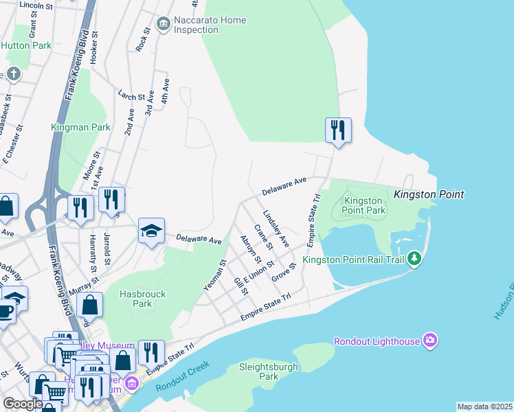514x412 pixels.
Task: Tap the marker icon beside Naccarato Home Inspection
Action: [x=164, y=25]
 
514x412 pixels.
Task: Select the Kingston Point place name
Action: [x=429, y=195]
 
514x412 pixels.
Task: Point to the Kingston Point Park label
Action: [x=364, y=205]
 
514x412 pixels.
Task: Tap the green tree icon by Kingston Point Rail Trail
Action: [x=414, y=259]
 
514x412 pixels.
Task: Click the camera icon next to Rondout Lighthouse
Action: [x=430, y=341]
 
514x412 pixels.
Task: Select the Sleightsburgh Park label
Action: [x=269, y=371]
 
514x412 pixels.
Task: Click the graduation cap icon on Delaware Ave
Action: [x=151, y=231]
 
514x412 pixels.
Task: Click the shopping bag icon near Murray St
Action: [x=89, y=305]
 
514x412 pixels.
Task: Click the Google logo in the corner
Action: [x=22, y=404]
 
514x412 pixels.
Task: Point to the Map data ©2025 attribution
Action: [x=484, y=407]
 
